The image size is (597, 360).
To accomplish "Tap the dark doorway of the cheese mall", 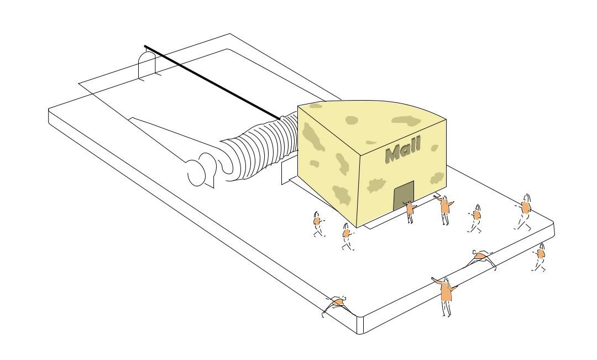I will coord(404,195).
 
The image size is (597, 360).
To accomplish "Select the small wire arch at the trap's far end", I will coord(148,64).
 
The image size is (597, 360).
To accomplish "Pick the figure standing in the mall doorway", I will coord(410,211).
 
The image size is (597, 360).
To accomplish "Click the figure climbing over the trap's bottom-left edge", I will coord(337,304).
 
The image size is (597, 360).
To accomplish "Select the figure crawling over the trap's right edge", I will coord(483,257).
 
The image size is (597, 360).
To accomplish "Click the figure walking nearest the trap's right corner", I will coord(525,211).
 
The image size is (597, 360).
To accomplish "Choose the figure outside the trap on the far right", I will coord(540,256).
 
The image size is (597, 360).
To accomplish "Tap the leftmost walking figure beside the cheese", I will coord(317,223).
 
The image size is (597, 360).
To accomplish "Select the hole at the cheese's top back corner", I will coord(316,106).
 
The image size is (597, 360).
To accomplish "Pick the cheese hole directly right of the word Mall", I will coord(434,148).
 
